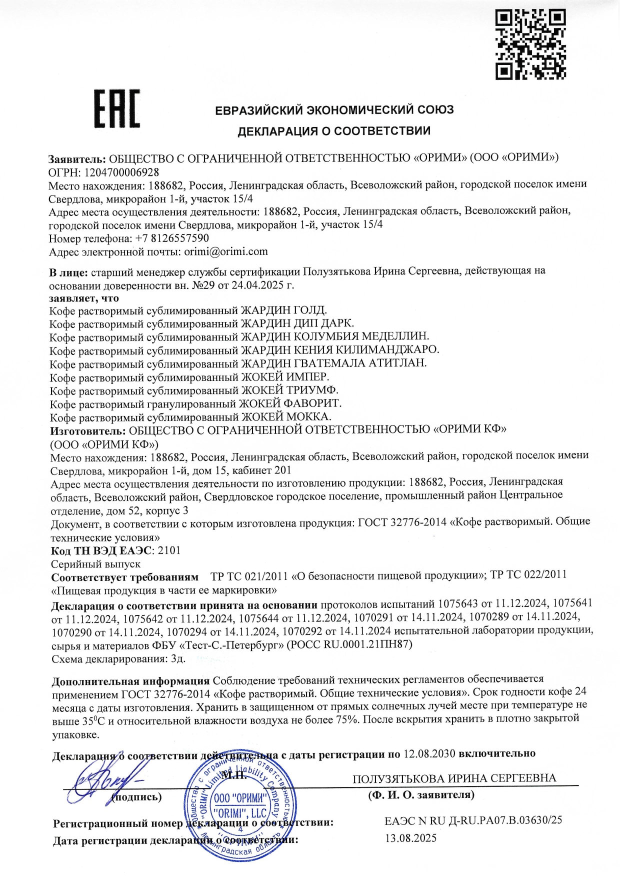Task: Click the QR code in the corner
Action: (x=530, y=44)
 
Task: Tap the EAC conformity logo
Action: (x=117, y=108)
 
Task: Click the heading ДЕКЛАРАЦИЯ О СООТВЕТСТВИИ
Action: (x=333, y=131)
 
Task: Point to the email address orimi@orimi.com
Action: (x=226, y=251)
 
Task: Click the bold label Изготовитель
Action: (x=87, y=429)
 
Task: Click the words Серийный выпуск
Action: (x=96, y=564)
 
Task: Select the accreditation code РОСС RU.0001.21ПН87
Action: (x=350, y=644)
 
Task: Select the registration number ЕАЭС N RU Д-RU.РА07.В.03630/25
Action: (x=473, y=820)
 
